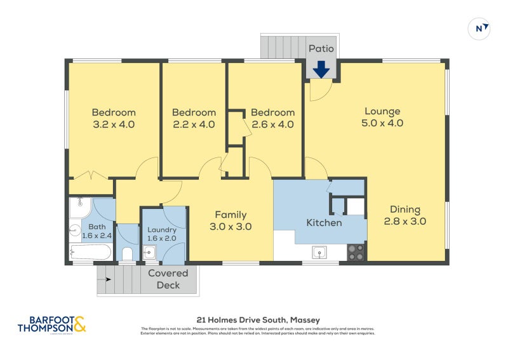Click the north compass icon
coord(479,28)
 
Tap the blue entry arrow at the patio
coord(321,69)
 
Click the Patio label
coord(321,48)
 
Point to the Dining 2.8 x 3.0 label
coord(404,216)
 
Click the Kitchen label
coord(324,223)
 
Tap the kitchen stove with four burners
coord(356,253)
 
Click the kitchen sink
coord(319,253)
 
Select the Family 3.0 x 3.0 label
coord(231,220)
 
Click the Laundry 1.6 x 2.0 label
coord(161,234)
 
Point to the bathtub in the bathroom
coord(90,252)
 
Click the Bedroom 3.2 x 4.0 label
coord(114,119)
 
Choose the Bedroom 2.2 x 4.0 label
coord(194,119)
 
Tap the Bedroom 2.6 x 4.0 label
coord(272,119)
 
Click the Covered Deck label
coord(168,279)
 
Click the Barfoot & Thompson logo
coord(51,324)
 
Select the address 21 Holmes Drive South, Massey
coord(257,320)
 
